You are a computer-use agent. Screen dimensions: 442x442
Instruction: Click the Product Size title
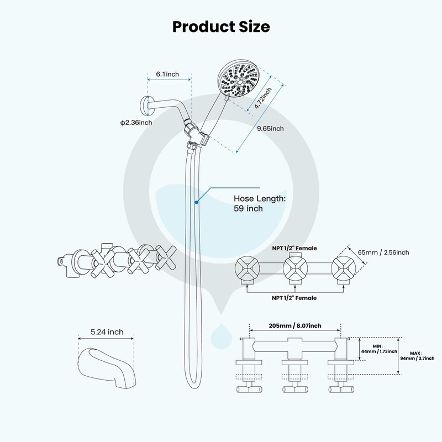221,26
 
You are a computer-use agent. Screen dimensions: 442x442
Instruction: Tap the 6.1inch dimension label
167,73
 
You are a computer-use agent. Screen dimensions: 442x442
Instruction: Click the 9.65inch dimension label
270,129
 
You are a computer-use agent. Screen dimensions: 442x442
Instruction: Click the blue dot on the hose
196,203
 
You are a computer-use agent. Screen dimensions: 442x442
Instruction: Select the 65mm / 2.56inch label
383,252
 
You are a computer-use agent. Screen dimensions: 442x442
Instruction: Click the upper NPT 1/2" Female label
294,248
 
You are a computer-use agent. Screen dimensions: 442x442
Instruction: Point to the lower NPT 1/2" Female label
294,298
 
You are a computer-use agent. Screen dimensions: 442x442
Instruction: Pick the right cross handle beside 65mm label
342,270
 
